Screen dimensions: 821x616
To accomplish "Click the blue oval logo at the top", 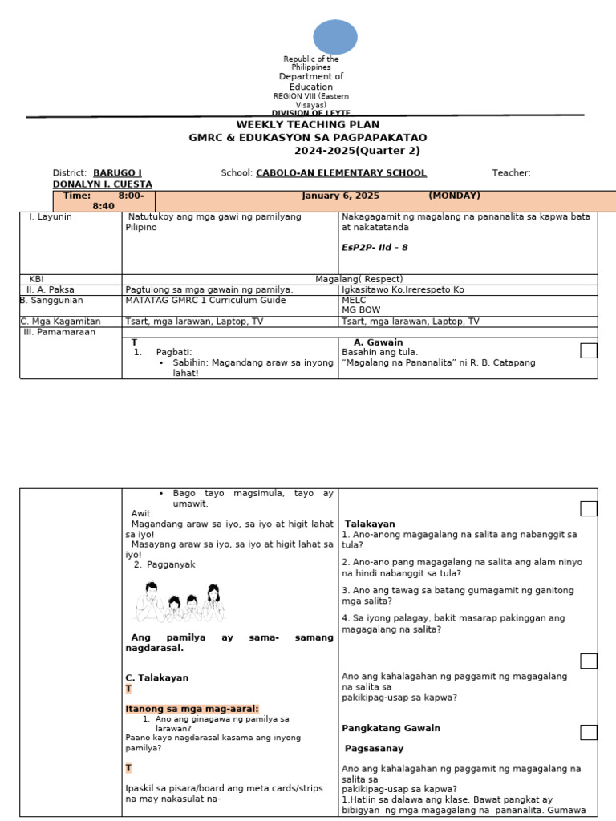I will coord(334,38).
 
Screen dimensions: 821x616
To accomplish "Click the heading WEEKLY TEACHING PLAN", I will coord(307,125).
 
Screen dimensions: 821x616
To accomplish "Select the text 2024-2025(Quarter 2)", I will coord(357,151).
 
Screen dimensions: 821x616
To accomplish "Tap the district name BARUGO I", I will coord(117,172).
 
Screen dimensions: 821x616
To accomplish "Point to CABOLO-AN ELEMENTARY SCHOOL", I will coord(341,172).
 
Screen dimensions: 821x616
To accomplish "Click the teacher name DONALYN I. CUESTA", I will coord(102,184).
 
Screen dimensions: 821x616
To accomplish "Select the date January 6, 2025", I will coord(340,196).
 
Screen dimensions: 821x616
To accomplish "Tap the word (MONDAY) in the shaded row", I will coord(454,196).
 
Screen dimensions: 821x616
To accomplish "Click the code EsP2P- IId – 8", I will coord(375,247).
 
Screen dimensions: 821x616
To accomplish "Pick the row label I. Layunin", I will coord(50,216).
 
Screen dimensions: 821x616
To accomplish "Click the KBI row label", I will coord(37,279).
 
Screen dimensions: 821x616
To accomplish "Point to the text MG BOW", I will coord(360,309).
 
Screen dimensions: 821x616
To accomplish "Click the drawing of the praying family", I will coord(179,603).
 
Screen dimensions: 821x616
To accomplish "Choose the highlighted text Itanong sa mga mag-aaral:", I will coord(192,709).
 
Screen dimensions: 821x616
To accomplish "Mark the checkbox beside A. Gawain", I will coord(589,350).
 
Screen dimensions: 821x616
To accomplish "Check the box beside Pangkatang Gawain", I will coord(589,732).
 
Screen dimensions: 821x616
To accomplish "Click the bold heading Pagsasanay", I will coord(374,748).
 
